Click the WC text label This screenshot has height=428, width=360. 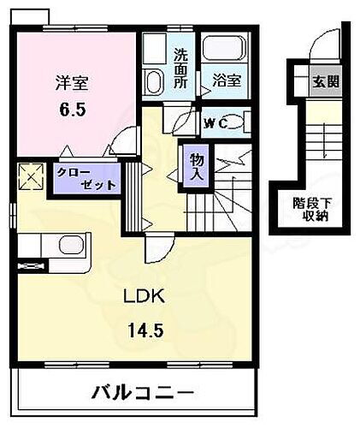click(x=214, y=123)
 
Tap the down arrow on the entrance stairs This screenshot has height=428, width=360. click(x=327, y=146)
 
